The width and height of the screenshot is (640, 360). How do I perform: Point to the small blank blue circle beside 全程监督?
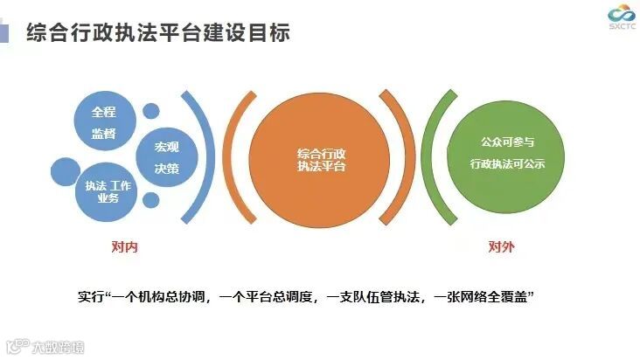(x=151, y=112)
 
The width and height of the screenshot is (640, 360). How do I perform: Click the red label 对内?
(x=124, y=247)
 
